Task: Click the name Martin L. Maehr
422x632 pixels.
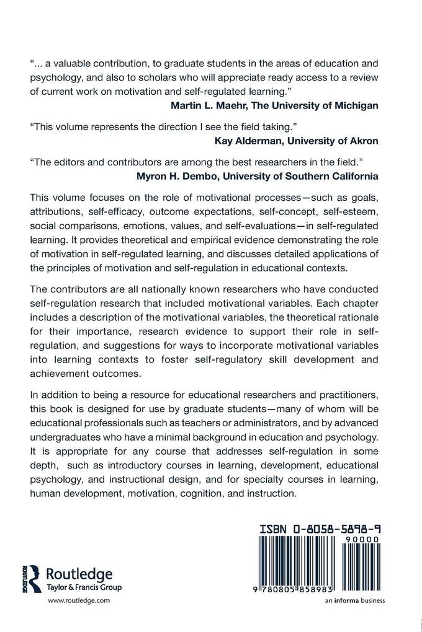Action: [x=208, y=105]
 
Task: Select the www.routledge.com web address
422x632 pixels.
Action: [x=79, y=600]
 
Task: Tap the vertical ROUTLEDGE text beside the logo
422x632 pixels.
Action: [x=24, y=579]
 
